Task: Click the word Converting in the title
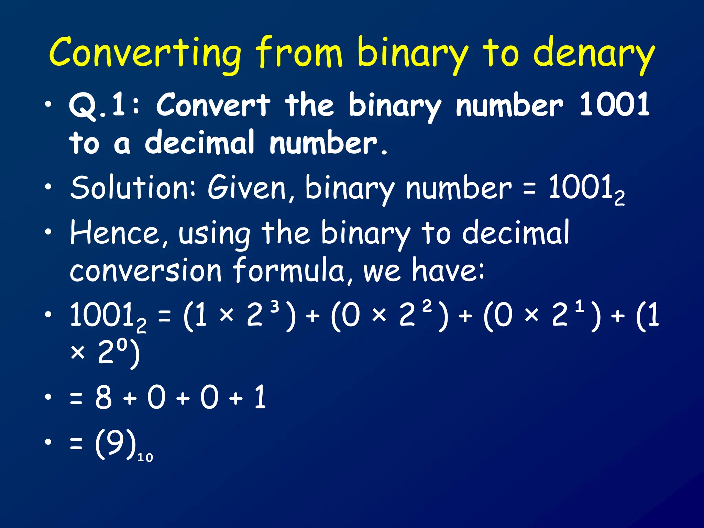144,53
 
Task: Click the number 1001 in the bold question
614,104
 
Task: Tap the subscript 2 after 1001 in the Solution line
619,199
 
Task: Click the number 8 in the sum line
104,397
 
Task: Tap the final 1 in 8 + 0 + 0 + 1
260,397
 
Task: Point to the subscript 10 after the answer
145,458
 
